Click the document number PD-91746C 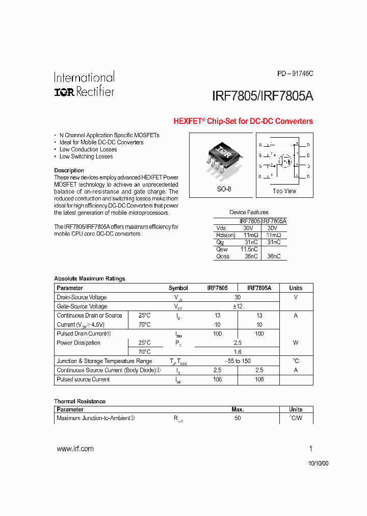coord(295,73)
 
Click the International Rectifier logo coord(84,84)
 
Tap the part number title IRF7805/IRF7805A coord(262,96)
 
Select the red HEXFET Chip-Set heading coord(243,121)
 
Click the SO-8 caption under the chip coord(223,189)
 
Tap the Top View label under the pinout coord(284,191)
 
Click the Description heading coord(69,170)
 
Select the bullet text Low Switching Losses coord(86,157)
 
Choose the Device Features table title coord(249,212)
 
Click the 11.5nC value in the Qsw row coord(249,249)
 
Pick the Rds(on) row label coord(226,235)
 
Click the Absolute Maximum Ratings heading coord(89,278)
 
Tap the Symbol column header coord(178,288)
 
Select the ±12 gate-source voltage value coord(238,306)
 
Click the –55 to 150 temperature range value coord(238,361)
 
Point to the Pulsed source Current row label coord(83,379)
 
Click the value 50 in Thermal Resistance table coord(238,418)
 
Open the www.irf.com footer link coord(75,449)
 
